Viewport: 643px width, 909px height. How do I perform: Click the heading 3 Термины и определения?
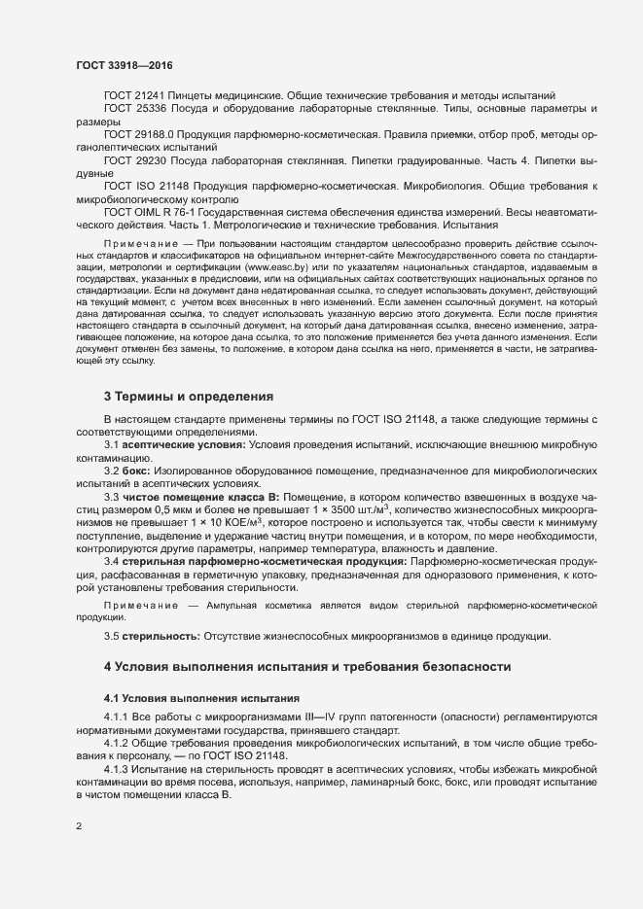(189, 397)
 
